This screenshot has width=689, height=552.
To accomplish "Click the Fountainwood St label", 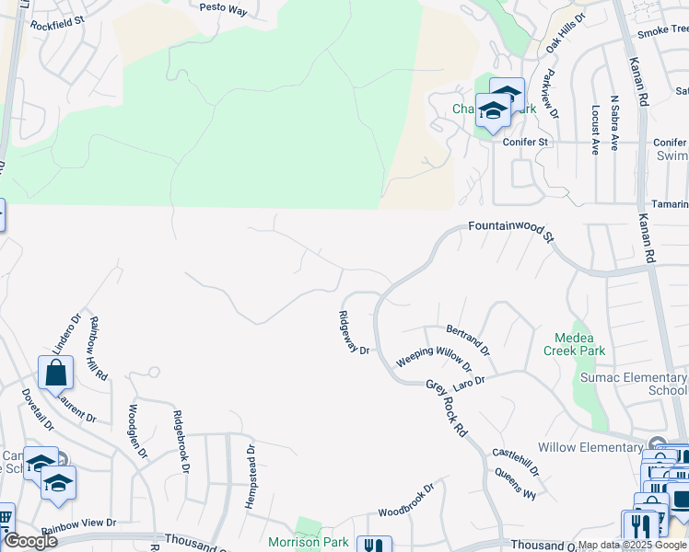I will pyautogui.click(x=512, y=230).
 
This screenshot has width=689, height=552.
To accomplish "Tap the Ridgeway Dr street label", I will pyautogui.click(x=354, y=333).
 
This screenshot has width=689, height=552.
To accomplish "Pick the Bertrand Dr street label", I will pyautogui.click(x=468, y=340).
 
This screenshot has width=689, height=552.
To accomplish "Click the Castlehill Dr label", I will pyautogui.click(x=515, y=461).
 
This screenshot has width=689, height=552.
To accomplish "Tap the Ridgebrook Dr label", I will pyautogui.click(x=181, y=442).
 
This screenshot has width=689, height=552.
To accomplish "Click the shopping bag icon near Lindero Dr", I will pyautogui.click(x=55, y=374).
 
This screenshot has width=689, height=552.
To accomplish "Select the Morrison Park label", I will pyautogui.click(x=309, y=542).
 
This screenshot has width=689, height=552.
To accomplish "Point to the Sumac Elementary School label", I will pyautogui.click(x=632, y=384).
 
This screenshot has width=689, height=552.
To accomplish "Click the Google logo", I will pyautogui.click(x=29, y=541).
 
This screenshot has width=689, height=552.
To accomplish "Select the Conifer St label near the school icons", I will pyautogui.click(x=525, y=143).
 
